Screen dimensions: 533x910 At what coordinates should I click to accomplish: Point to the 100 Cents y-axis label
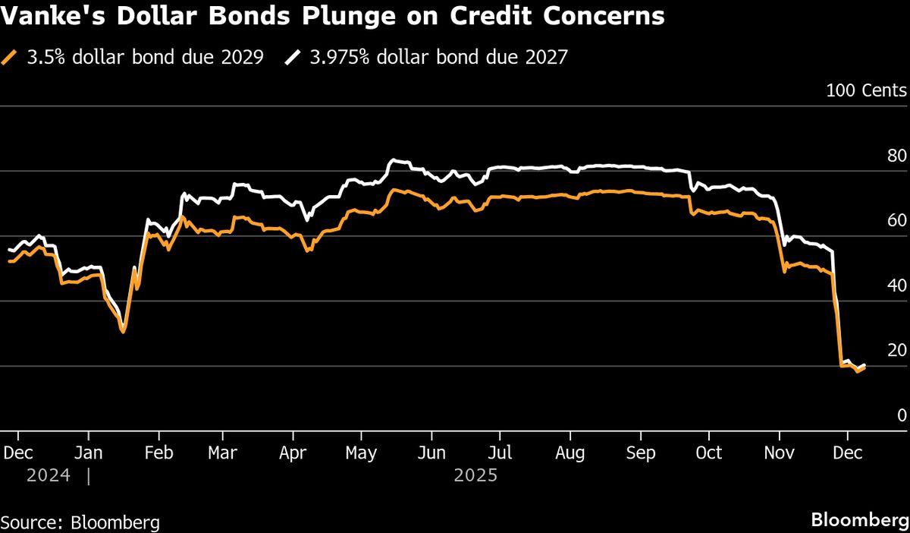pos(866,91)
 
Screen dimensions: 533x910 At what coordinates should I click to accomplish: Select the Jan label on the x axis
pos(89,453)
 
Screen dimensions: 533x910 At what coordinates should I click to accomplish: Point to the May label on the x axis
pos(361,453)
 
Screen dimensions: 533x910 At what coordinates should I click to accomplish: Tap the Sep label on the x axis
pos(640,453)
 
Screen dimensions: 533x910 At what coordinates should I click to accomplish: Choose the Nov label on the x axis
pos(780,453)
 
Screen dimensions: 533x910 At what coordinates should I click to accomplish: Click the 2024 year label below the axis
pos(49,476)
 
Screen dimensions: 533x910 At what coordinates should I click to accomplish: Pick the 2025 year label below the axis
pos(475,476)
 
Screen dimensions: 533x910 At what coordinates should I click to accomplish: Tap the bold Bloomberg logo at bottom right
pos(860,521)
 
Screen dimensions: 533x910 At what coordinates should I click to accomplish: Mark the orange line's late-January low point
pos(123,332)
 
